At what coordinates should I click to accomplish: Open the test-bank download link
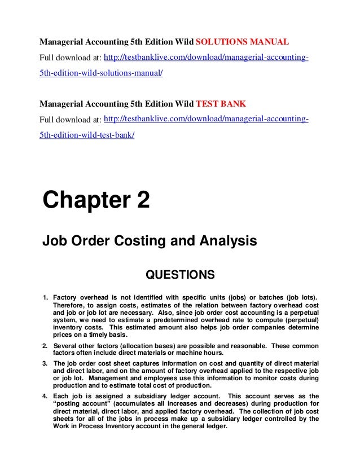(x=206, y=120)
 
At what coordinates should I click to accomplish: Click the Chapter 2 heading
(x=96, y=201)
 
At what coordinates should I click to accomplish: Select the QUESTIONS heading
(x=180, y=275)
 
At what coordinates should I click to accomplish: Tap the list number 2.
(x=45, y=346)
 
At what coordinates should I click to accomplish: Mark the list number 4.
(x=45, y=395)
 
